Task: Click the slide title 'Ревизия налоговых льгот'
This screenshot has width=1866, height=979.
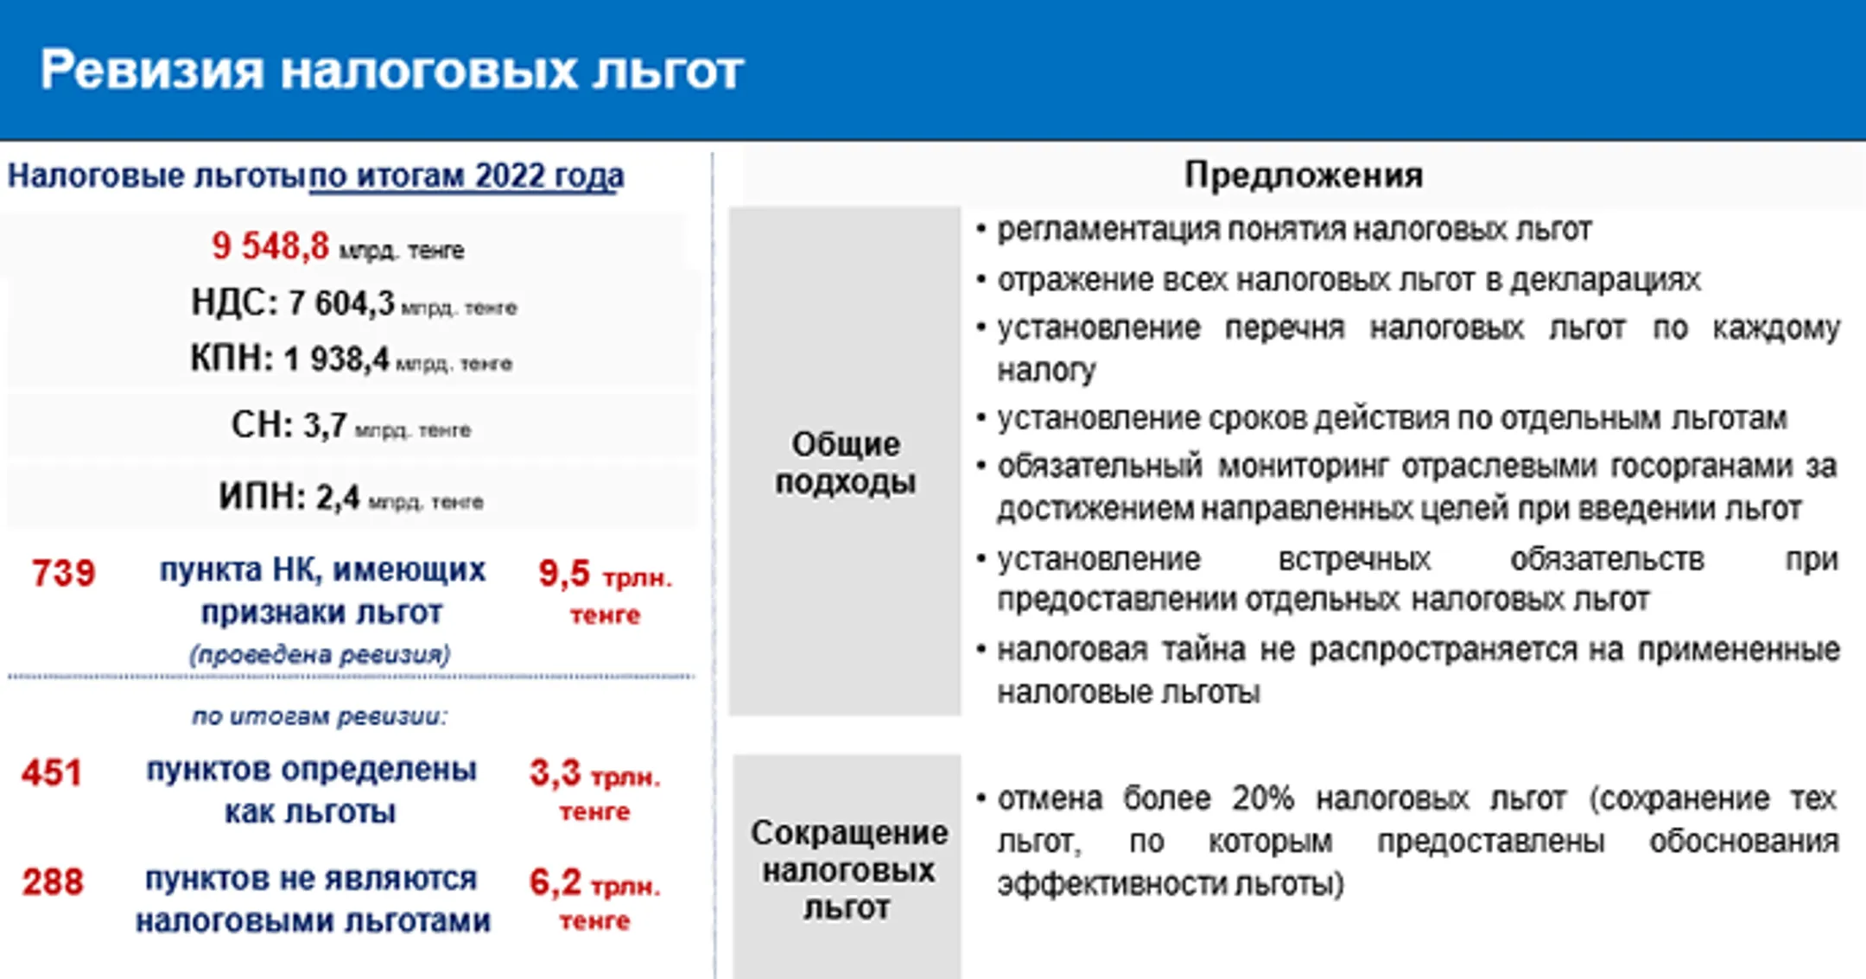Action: tap(391, 69)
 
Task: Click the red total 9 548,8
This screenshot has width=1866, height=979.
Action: tap(270, 246)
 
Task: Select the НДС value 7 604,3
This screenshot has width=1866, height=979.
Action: tap(341, 304)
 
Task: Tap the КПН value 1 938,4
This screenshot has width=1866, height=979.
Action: tap(337, 359)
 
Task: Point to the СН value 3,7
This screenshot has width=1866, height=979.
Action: tap(325, 426)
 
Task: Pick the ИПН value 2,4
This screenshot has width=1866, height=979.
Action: tap(337, 498)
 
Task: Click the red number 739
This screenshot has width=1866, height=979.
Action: tap(63, 574)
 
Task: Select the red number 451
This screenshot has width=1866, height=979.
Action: tap(52, 772)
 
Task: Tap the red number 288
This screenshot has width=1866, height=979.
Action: tap(53, 882)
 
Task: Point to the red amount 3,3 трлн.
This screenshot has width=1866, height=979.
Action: tap(594, 774)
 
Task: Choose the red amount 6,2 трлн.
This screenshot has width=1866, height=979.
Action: tap(594, 884)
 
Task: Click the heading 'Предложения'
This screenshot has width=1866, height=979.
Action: tap(1303, 175)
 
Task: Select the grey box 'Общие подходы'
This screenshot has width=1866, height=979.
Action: tap(845, 462)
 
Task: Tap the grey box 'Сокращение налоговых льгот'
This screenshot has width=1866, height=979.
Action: tap(847, 869)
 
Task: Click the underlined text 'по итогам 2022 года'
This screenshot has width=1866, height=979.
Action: tap(466, 176)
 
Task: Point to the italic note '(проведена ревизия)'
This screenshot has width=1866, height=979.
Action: tap(321, 654)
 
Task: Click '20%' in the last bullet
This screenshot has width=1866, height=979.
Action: tap(1262, 798)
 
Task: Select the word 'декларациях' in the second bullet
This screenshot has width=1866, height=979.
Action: tap(1605, 281)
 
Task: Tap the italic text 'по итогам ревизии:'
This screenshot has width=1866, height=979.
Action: tap(320, 716)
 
